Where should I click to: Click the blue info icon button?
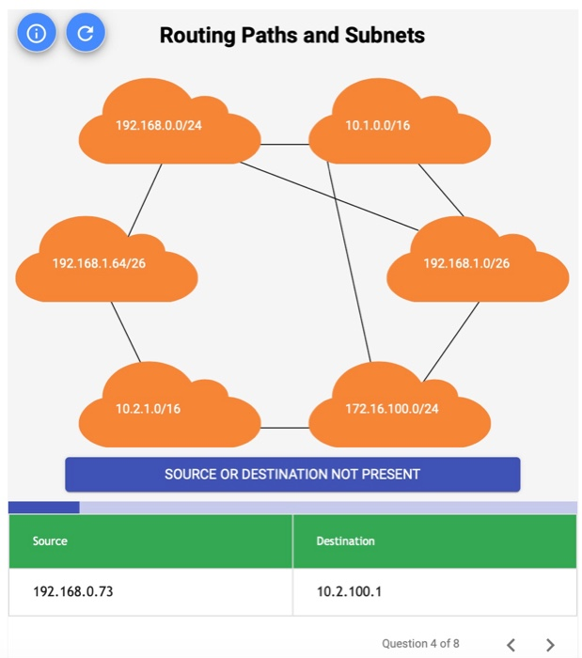pos(37,34)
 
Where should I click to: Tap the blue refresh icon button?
pos(86,34)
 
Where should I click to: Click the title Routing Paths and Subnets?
pos(292,36)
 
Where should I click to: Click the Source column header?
pos(50,540)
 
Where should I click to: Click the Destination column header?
pos(346,540)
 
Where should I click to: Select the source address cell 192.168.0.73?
pos(72,592)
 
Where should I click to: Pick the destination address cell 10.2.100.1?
pos(350,592)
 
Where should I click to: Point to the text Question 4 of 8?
pos(420,643)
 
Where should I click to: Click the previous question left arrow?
pos(511,644)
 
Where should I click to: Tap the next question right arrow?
pos(551,644)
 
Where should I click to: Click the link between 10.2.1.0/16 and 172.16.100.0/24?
pos(285,428)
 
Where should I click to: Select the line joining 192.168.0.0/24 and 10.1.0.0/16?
pos(285,144)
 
